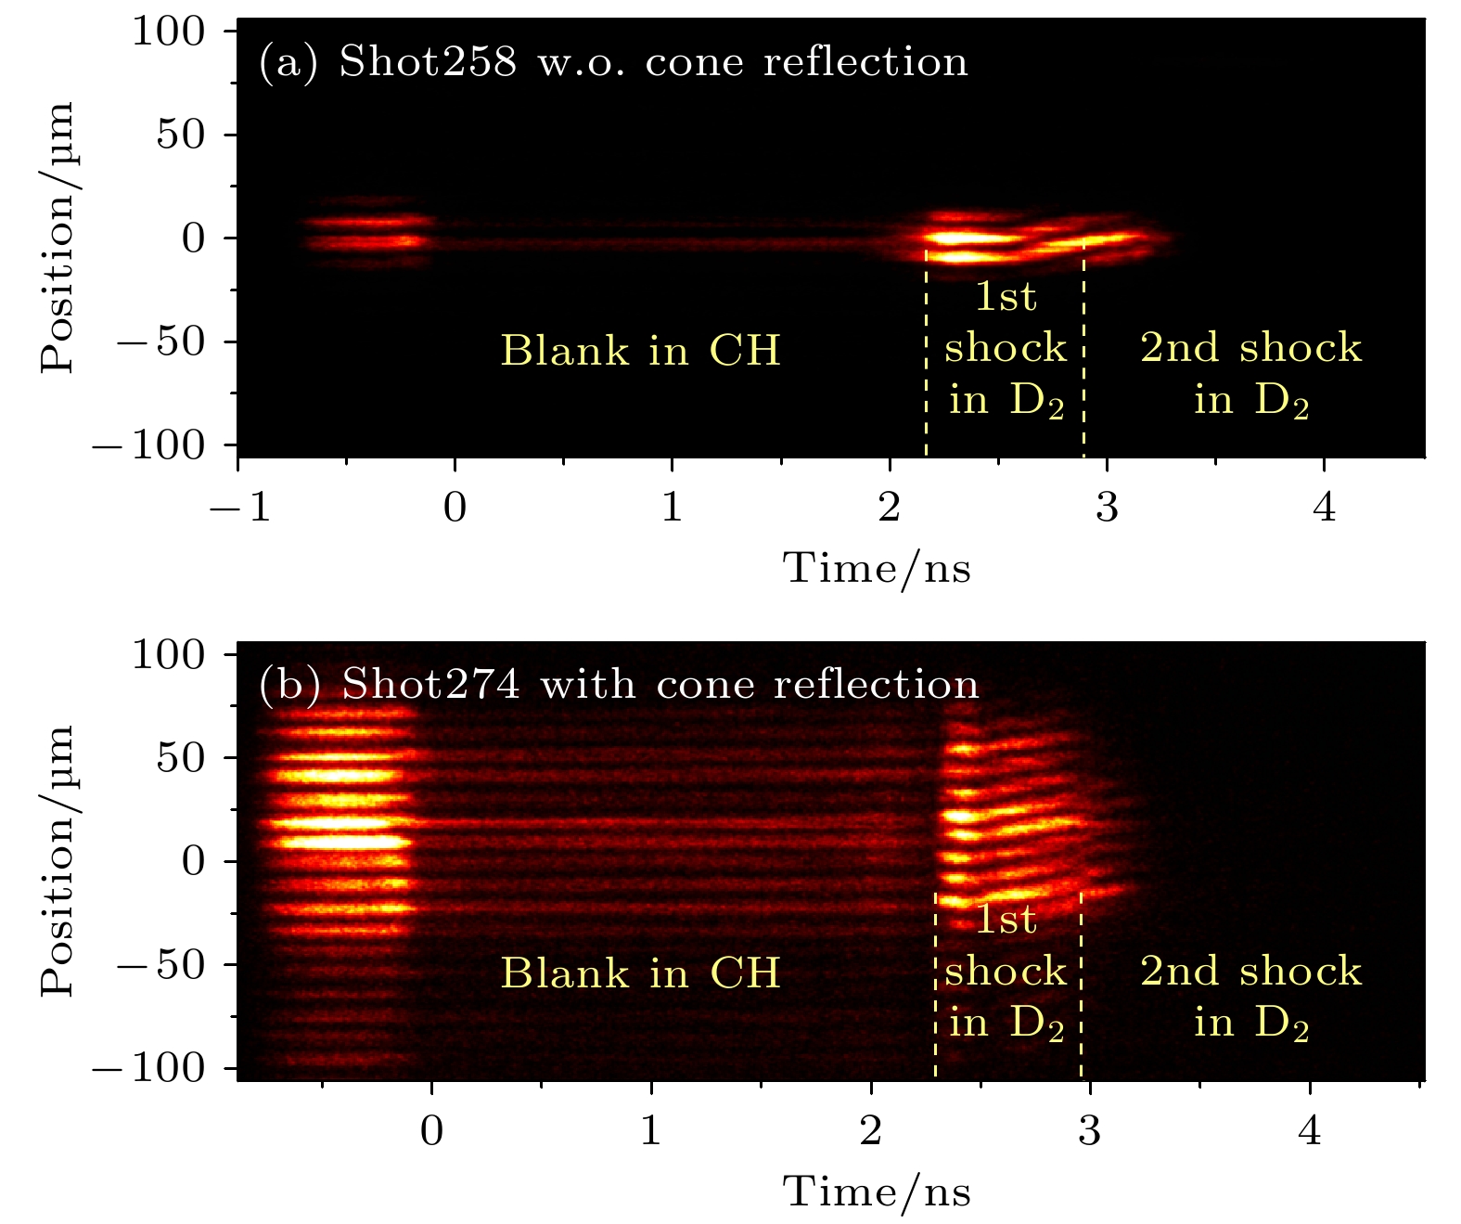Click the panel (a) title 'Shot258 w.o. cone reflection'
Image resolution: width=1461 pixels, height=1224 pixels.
pyautogui.click(x=652, y=62)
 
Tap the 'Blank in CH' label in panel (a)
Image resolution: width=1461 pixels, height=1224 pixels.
pyautogui.click(x=640, y=351)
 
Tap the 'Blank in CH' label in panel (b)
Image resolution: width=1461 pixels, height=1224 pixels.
pyautogui.click(x=640, y=973)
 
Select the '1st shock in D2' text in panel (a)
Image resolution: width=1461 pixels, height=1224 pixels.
pyautogui.click(x=1006, y=348)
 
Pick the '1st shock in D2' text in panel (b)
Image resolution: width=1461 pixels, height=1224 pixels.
pyautogui.click(x=1006, y=972)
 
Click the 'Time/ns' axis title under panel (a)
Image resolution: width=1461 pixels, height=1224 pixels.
pyautogui.click(x=877, y=568)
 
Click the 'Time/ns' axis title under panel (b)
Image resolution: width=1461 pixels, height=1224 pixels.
pyautogui.click(x=877, y=1192)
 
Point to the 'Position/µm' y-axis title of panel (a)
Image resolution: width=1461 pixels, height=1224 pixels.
pyautogui.click(x=58, y=238)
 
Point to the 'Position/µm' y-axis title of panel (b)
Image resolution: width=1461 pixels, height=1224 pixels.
pyautogui.click(x=58, y=861)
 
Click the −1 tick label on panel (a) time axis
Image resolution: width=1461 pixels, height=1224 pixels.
pyautogui.click(x=239, y=508)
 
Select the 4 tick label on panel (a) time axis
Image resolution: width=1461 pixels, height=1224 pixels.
pyautogui.click(x=1325, y=508)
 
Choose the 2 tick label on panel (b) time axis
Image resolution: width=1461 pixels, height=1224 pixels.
pyautogui.click(x=870, y=1131)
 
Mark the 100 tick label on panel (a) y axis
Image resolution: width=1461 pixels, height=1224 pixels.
pyautogui.click(x=168, y=32)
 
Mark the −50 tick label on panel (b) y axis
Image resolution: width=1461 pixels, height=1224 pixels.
pyautogui.click(x=160, y=965)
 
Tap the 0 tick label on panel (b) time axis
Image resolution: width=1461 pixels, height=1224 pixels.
pyautogui.click(x=431, y=1131)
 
